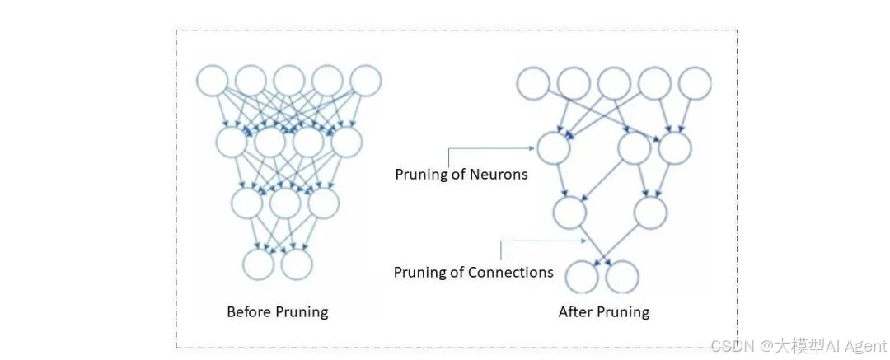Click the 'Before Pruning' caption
pos(277,312)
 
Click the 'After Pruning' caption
pos(603,312)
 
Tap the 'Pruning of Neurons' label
pos(461,174)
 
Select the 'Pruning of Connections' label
pos(473,272)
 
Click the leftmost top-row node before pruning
pos(212,81)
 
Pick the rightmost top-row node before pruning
pos(366,81)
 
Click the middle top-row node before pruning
pos(289,81)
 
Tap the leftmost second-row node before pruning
pos(232,142)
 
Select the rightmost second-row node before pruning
pos(346,142)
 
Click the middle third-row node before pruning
pos(285,202)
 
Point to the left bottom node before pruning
pos(258,264)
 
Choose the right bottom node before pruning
pos(297,264)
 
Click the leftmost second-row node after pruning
pos(553,148)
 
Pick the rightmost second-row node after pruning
pos(674,148)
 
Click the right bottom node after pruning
pos(622,277)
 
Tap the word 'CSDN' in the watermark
pos(728,346)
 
